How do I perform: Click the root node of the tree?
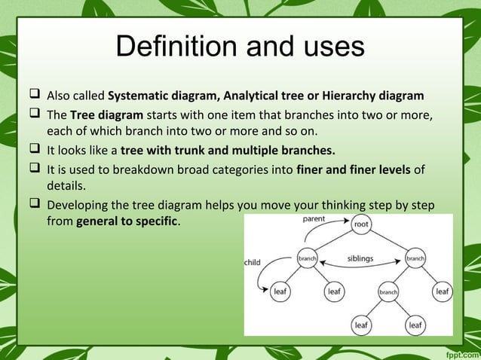362,224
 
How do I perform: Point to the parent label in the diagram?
314,219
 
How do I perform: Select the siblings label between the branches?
360,258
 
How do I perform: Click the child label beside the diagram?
252,263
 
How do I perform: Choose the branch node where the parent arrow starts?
307,258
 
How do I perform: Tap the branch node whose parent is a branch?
388,291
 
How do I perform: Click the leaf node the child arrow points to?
280,291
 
